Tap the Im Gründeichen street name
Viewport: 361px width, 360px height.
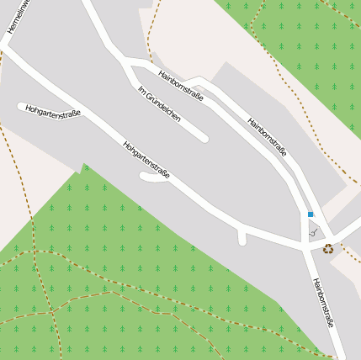coord(159,103)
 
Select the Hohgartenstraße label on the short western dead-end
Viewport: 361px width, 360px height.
coord(52,110)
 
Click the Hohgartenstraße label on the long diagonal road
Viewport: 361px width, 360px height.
coord(146,159)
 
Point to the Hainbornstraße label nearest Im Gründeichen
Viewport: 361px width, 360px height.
coord(181,85)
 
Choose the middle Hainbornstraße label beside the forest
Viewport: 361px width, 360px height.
coord(267,136)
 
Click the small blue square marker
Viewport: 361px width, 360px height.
coord(310,214)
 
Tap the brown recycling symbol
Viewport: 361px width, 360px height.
coord(328,248)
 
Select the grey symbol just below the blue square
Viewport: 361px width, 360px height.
coord(313,231)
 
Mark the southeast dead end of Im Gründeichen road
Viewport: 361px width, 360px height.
coord(204,138)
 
